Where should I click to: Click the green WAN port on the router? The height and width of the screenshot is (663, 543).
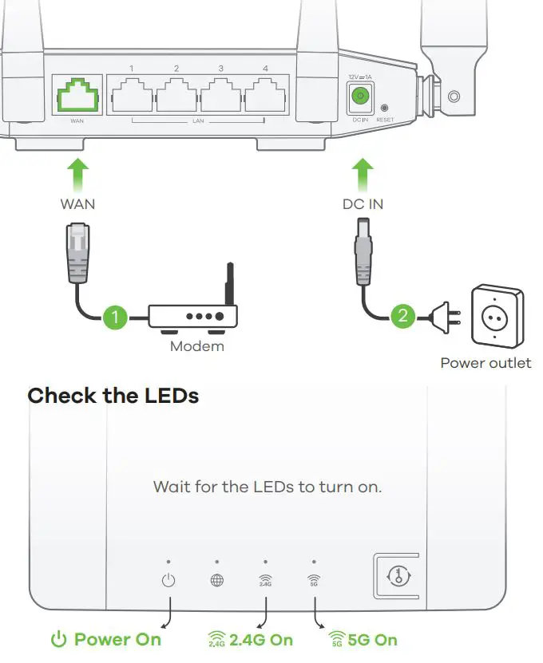tap(77, 97)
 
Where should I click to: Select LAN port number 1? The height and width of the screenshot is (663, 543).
tap(132, 97)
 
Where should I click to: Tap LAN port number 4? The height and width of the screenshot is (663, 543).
tap(265, 97)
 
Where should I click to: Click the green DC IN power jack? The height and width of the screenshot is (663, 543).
tap(360, 97)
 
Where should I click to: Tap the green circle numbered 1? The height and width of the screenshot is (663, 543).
tap(114, 317)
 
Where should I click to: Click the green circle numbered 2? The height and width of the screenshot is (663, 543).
tap(402, 316)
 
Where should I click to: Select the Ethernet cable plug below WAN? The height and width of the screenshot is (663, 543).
tap(77, 251)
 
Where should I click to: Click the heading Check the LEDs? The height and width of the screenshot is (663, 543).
tap(113, 395)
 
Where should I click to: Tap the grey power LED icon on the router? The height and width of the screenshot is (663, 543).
tap(168, 580)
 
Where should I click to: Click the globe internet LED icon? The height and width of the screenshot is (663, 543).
tap(216, 580)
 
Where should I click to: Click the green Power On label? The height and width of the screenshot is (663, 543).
tap(106, 639)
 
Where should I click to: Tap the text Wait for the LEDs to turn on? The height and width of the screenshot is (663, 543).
tap(267, 486)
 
